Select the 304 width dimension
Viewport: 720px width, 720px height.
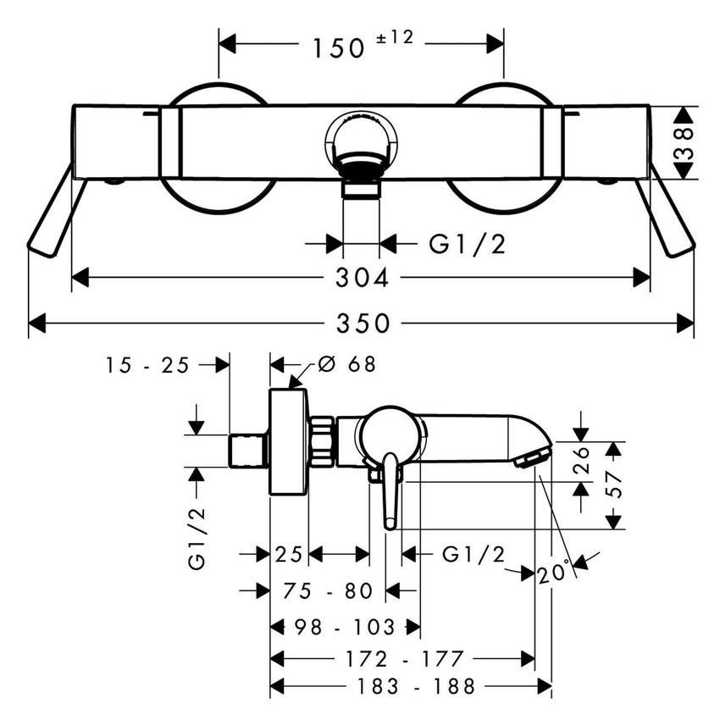pos(362,278)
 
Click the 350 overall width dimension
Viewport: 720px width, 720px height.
pos(362,324)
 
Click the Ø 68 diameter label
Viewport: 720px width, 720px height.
pos(346,364)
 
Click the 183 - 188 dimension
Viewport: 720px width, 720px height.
pos(417,685)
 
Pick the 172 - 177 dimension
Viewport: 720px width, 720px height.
pos(405,658)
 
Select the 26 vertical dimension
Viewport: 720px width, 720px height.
pos(580,461)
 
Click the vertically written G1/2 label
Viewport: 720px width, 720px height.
pos(197,539)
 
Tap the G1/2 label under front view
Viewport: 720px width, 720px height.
pos(468,245)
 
